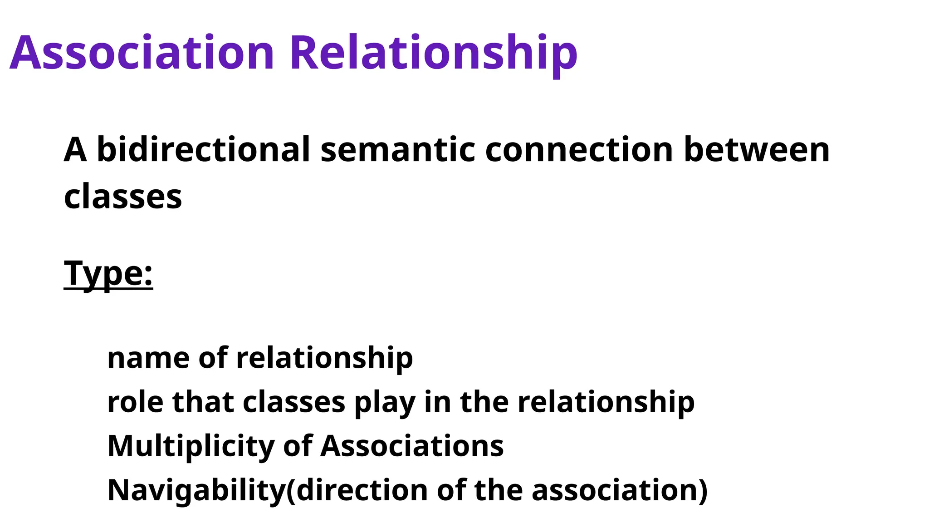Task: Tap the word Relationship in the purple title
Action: pyautogui.click(x=433, y=53)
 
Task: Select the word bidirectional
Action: pyautogui.click(x=203, y=150)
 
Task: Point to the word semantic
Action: pyautogui.click(x=398, y=150)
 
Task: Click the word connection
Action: pyautogui.click(x=579, y=150)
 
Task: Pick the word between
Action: pyautogui.click(x=756, y=150)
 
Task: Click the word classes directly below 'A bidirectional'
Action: pyautogui.click(x=123, y=197)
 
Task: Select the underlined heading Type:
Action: pyautogui.click(x=108, y=274)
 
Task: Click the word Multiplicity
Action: pyautogui.click(x=191, y=446)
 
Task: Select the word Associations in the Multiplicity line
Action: pyautogui.click(x=412, y=446)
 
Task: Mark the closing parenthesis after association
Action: pyautogui.click(x=703, y=491)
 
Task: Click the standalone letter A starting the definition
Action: pyautogui.click(x=75, y=150)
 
